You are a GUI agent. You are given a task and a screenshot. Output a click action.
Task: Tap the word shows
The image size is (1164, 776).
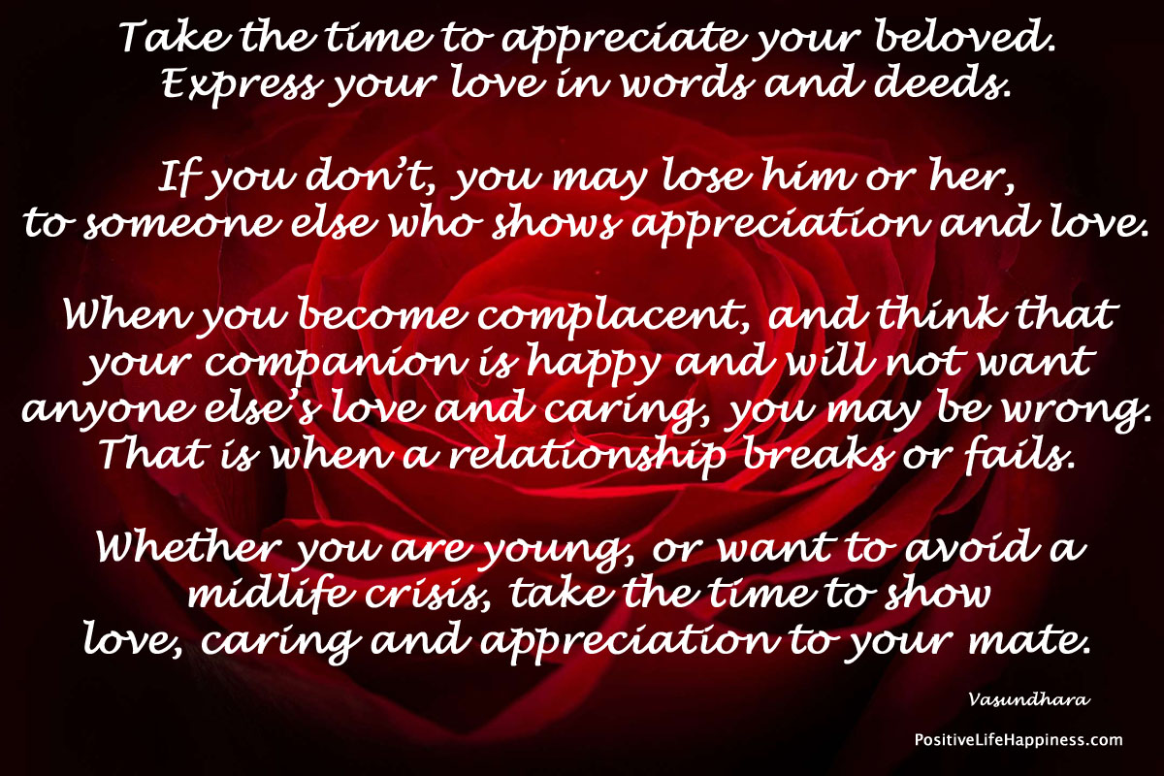556,221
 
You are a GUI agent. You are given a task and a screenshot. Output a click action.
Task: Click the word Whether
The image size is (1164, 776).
190,546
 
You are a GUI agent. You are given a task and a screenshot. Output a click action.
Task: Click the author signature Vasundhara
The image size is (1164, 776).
1029,699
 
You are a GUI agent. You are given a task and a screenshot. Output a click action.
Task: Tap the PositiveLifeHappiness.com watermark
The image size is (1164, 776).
1018,739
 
